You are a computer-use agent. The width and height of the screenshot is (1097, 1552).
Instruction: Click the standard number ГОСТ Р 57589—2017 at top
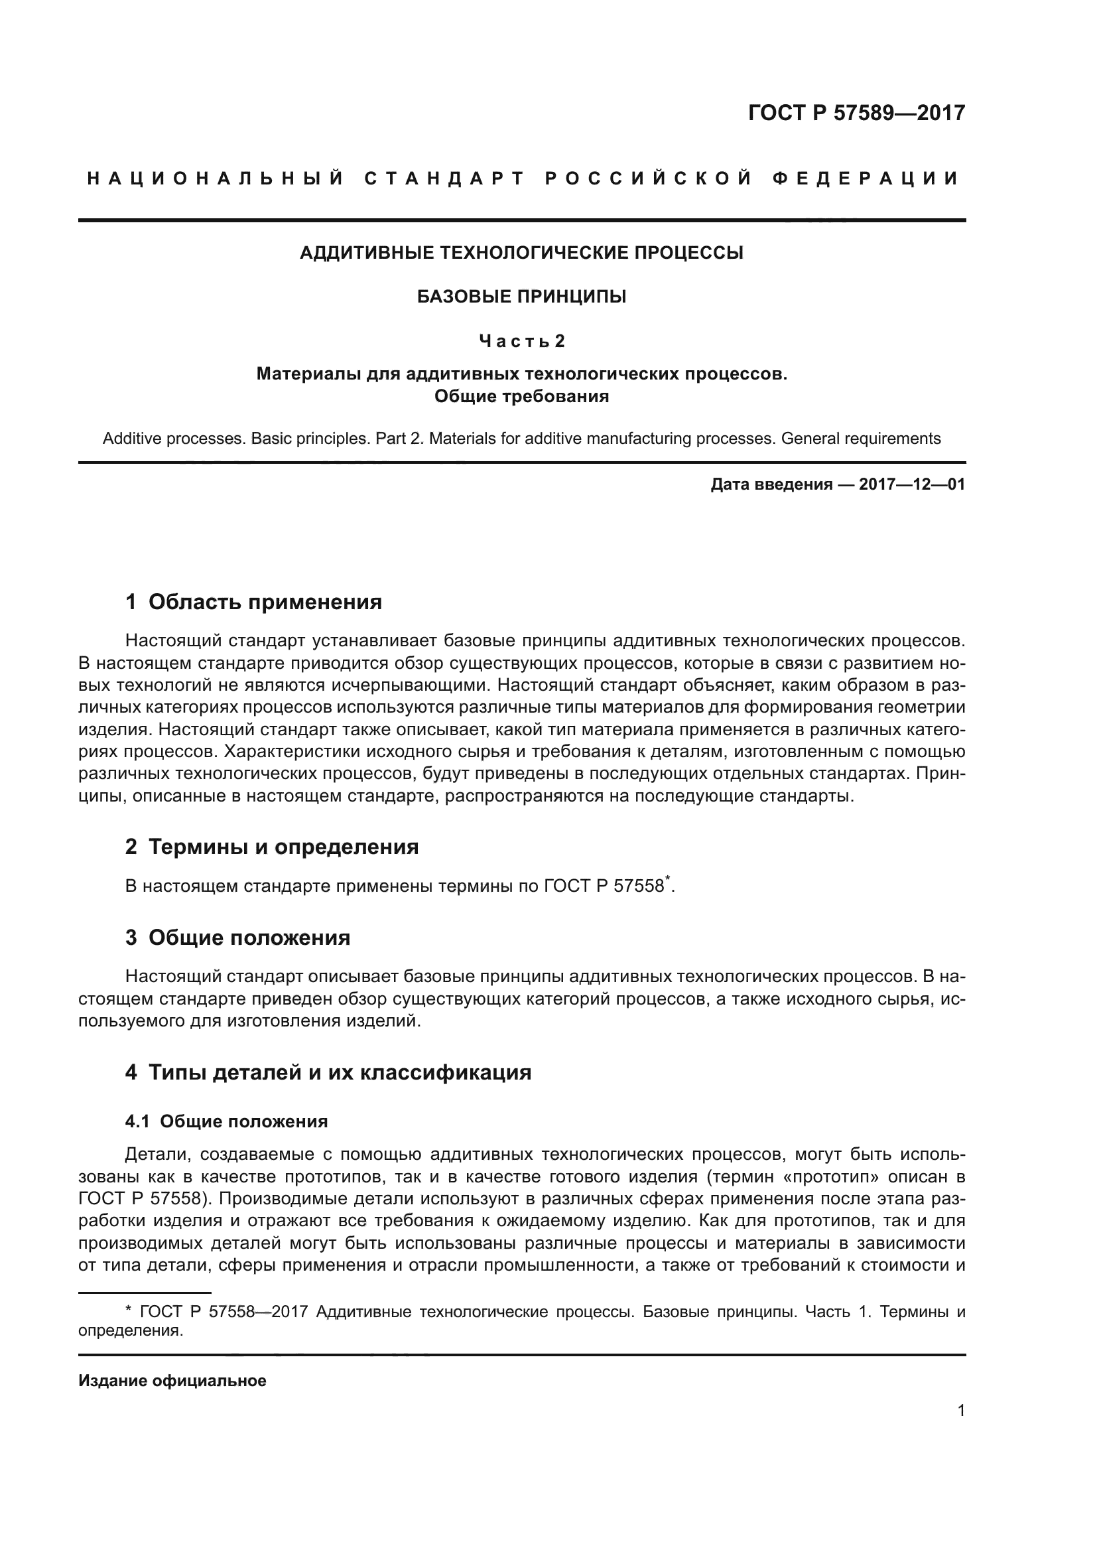(856, 112)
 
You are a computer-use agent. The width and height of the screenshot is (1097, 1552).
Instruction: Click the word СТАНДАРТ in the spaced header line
(444, 178)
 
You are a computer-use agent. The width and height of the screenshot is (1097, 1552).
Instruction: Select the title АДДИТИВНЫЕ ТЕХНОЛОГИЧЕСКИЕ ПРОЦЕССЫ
(521, 253)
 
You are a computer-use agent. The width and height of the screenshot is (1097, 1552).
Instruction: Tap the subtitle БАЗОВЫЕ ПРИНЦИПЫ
(521, 296)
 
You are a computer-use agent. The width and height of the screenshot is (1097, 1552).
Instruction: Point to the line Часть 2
(521, 340)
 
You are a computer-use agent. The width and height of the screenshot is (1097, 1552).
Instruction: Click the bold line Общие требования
(521, 396)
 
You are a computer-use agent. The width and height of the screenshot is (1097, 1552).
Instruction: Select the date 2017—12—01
(911, 484)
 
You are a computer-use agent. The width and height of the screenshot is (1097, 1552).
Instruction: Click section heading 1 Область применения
(253, 602)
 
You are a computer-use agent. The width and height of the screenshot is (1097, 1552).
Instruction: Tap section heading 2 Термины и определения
(271, 846)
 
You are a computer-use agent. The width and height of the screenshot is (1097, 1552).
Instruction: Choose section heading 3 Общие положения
(238, 938)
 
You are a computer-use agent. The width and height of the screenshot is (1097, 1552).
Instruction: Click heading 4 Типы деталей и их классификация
(328, 1072)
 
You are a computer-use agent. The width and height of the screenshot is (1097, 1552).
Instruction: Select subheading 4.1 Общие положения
(226, 1121)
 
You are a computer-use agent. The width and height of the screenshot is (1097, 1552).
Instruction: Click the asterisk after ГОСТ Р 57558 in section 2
(667, 879)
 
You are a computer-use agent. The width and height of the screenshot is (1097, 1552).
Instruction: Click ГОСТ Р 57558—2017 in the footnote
(223, 1312)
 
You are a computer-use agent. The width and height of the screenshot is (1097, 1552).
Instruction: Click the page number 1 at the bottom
(960, 1410)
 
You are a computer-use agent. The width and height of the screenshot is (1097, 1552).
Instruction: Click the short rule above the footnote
(145, 1293)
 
